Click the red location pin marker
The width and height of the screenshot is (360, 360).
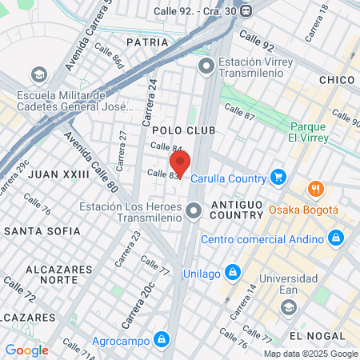(x=179, y=165)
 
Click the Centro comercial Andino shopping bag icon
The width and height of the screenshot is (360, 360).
(x=336, y=238)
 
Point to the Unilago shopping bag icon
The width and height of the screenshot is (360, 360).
(x=232, y=271)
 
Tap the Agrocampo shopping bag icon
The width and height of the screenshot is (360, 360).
(x=162, y=340)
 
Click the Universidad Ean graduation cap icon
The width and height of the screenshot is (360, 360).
(x=289, y=306)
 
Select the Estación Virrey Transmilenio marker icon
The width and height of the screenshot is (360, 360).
(x=206, y=66)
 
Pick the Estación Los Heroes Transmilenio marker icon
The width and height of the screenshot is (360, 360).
(x=193, y=212)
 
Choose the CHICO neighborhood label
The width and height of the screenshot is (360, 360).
(x=336, y=80)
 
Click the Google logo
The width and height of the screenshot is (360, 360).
(x=26, y=350)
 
